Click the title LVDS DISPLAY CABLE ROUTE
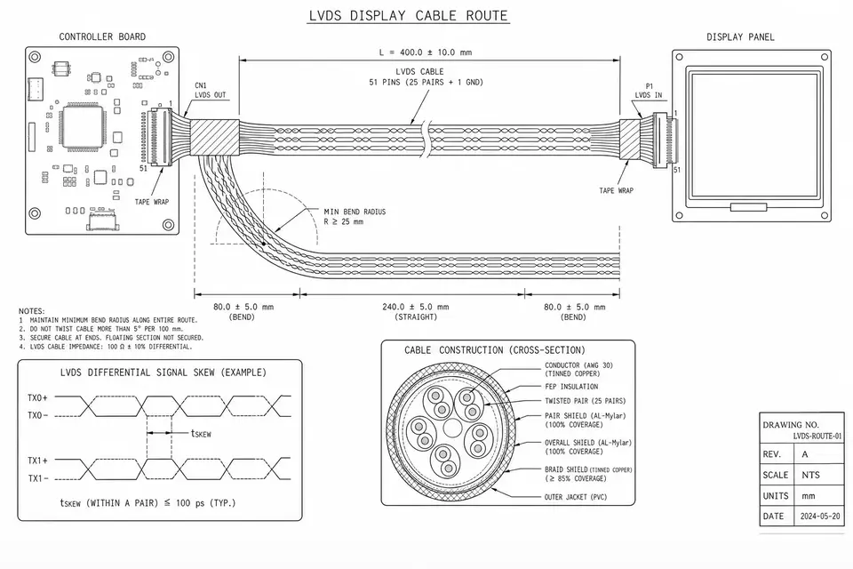(408, 15)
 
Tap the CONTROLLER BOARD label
(102, 37)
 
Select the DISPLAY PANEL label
(740, 37)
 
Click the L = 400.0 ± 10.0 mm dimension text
(426, 52)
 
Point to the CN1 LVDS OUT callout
(210, 91)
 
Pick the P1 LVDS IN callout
(649, 91)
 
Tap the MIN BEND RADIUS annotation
(355, 217)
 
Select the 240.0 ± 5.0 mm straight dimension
(416, 312)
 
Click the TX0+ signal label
(37, 398)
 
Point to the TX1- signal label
(37, 478)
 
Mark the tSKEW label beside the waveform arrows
(201, 434)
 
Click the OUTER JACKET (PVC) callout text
(576, 497)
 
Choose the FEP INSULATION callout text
(571, 387)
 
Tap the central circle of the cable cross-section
(452, 428)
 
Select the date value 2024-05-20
(820, 517)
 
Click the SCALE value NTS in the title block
(810, 475)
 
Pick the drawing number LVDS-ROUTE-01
(817, 437)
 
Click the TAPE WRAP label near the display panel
(616, 190)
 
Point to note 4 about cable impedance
(106, 347)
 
